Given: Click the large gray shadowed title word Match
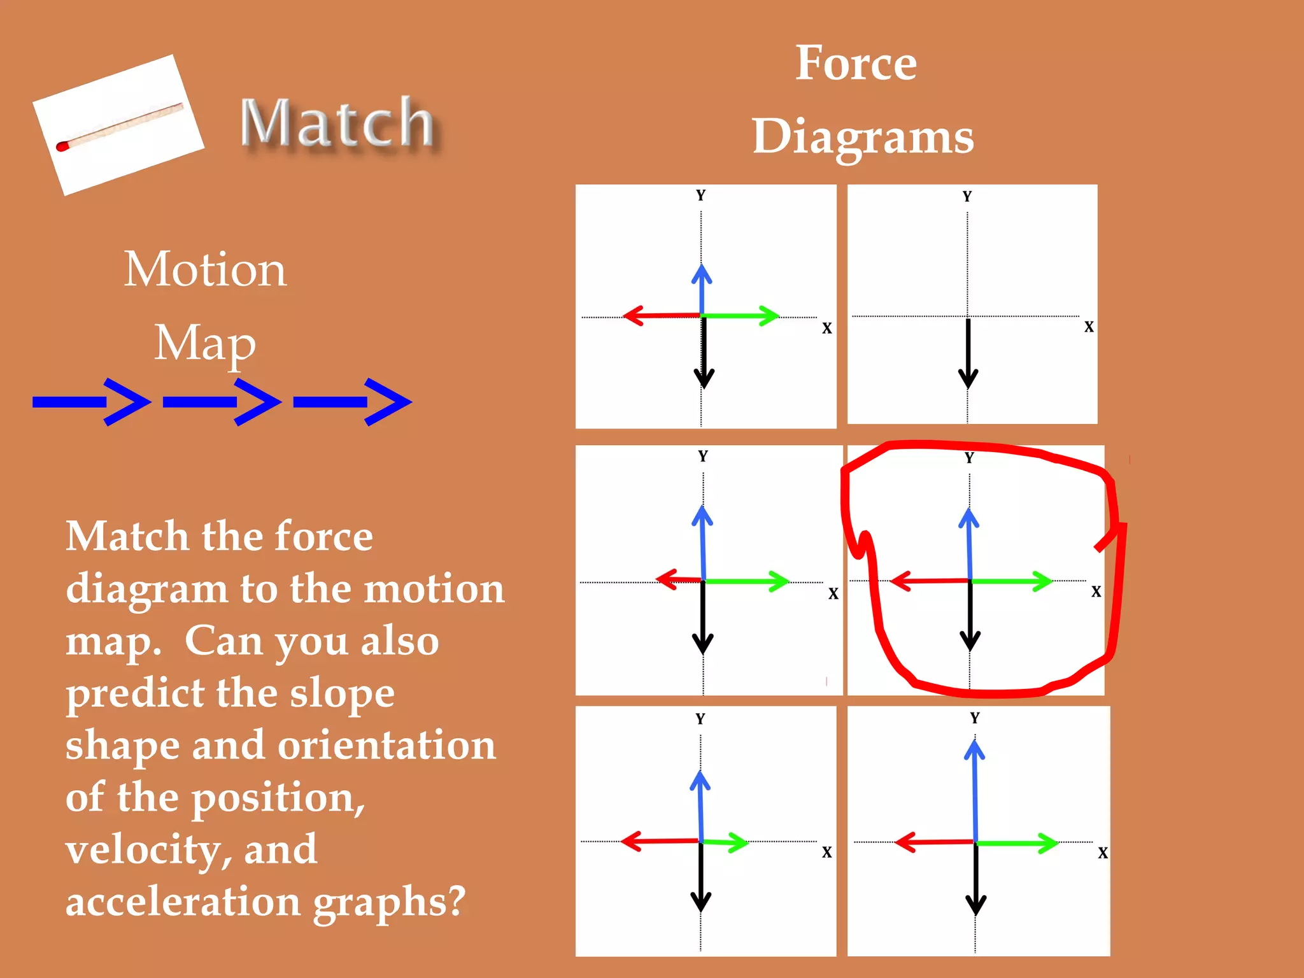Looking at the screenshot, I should [x=337, y=123].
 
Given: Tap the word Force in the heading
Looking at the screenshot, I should [x=856, y=63].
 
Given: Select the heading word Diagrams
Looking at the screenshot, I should [x=863, y=137].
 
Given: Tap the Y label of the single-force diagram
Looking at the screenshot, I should [x=967, y=196].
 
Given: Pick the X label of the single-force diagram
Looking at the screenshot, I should [x=1089, y=327].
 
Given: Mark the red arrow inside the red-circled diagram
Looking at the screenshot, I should [x=930, y=581].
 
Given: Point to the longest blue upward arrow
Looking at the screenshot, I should [x=975, y=790].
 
